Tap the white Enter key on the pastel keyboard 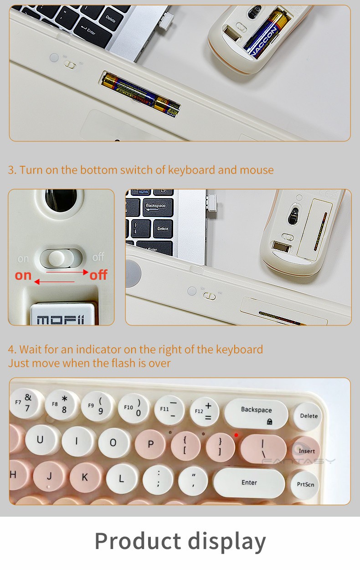(x=249, y=483)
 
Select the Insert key (x=306, y=450)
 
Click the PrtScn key (x=305, y=484)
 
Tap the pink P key (x=150, y=445)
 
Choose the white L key (x=122, y=479)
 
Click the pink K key (x=85, y=478)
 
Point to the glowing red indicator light (x=236, y=435)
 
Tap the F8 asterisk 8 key (x=62, y=404)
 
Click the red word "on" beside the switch (x=23, y=275)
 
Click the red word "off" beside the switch (x=98, y=275)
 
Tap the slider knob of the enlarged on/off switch (x=56, y=258)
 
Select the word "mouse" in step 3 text (x=257, y=170)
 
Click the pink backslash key (x=263, y=448)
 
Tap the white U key (x=40, y=440)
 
